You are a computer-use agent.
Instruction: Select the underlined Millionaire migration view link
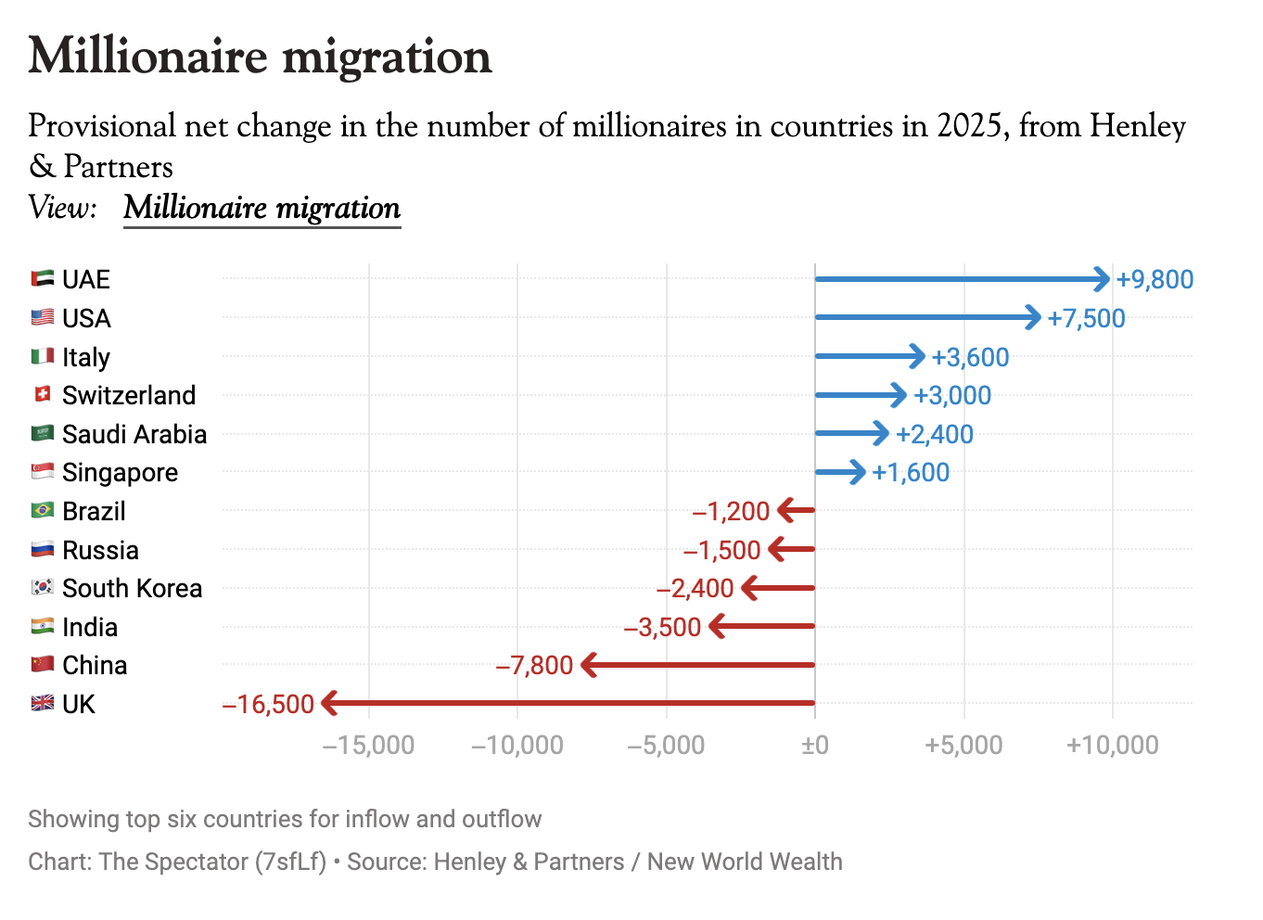[262, 208]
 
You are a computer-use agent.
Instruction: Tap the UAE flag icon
[43, 278]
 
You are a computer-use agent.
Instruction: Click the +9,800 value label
[1155, 279]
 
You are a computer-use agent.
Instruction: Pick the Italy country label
[86, 357]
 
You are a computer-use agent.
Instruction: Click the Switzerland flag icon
[43, 394]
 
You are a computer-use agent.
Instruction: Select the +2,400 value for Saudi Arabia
[935, 434]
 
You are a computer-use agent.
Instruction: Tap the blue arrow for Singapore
[840, 472]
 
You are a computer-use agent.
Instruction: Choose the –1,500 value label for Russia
[721, 550]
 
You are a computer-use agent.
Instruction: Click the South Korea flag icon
[43, 587]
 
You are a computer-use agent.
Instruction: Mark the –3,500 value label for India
[662, 627]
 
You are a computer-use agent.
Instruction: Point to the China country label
[95, 665]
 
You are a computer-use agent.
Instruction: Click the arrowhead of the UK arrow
[329, 703]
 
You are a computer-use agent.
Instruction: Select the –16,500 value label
[268, 704]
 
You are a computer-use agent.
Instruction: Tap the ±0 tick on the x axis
[815, 745]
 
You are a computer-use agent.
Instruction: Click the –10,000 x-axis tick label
[517, 745]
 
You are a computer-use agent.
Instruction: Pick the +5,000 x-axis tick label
[963, 745]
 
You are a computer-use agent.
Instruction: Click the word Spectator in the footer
[194, 862]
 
